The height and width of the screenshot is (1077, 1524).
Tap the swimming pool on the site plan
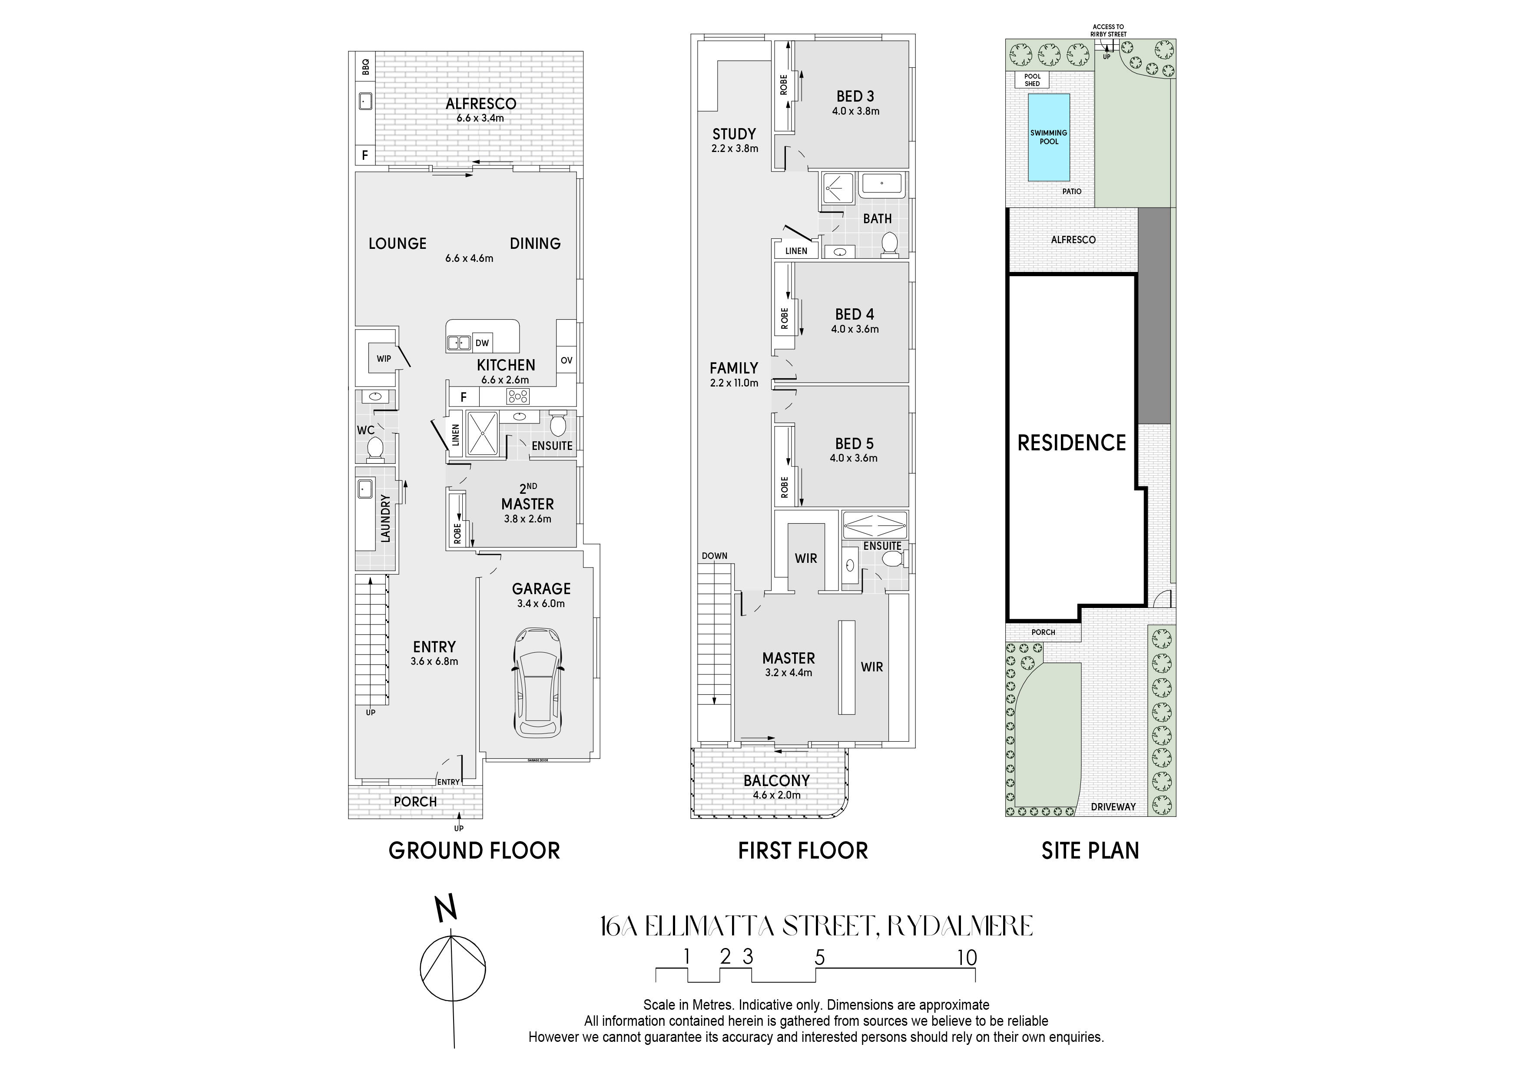coord(1049,137)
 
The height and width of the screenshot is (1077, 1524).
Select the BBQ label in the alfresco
coord(364,66)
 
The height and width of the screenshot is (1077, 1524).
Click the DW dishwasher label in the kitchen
coord(483,343)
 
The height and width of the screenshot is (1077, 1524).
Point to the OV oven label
coord(566,361)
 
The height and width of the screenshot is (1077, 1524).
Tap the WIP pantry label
coord(384,359)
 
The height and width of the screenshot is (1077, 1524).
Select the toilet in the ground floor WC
coord(375,449)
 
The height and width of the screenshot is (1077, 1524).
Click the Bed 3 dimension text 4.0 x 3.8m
coord(855,112)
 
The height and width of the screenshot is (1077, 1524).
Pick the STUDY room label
coord(734,134)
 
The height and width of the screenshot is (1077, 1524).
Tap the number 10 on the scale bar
coord(967,958)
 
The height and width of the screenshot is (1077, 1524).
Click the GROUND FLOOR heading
coord(474,851)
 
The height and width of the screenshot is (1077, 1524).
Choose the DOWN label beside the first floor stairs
coord(714,556)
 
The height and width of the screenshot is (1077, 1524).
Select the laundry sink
coord(365,490)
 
